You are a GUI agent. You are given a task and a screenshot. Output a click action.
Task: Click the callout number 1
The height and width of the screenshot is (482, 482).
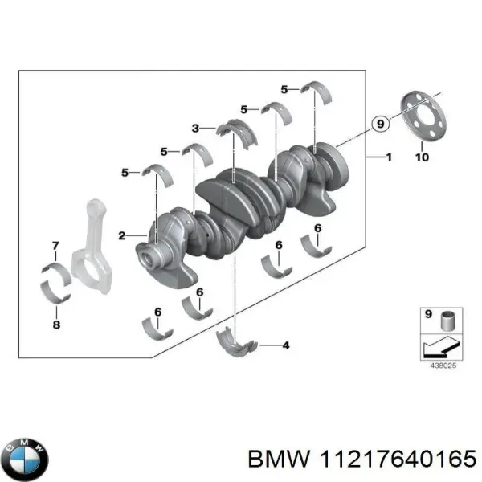tap(389, 157)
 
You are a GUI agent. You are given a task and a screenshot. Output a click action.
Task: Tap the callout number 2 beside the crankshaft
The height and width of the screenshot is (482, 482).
tap(121, 235)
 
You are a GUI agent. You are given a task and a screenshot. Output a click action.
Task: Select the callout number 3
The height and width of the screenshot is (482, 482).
tap(195, 128)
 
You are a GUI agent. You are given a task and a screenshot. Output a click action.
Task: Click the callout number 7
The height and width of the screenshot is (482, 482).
tap(55, 245)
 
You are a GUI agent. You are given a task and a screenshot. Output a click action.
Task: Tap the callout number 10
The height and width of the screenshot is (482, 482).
tap(422, 157)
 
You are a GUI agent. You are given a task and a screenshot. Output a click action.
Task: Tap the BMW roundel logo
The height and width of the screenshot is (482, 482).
tap(25, 460)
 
